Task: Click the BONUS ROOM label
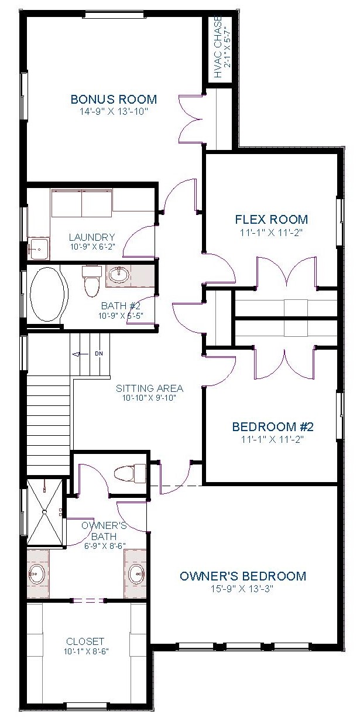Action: [x=114, y=99]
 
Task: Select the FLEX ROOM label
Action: [x=271, y=220]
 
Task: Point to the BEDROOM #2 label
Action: [x=273, y=426]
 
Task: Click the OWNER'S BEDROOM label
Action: [x=243, y=576]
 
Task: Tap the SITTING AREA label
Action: [x=149, y=388]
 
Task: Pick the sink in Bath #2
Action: [x=119, y=275]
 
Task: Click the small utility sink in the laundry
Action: [x=39, y=248]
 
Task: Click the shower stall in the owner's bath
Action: [x=45, y=512]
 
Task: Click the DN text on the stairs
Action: [x=99, y=354]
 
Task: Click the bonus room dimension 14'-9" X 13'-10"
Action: [x=114, y=111]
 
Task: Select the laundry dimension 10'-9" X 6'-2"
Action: [x=92, y=247]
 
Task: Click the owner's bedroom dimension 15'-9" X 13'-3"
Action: [x=242, y=589]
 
